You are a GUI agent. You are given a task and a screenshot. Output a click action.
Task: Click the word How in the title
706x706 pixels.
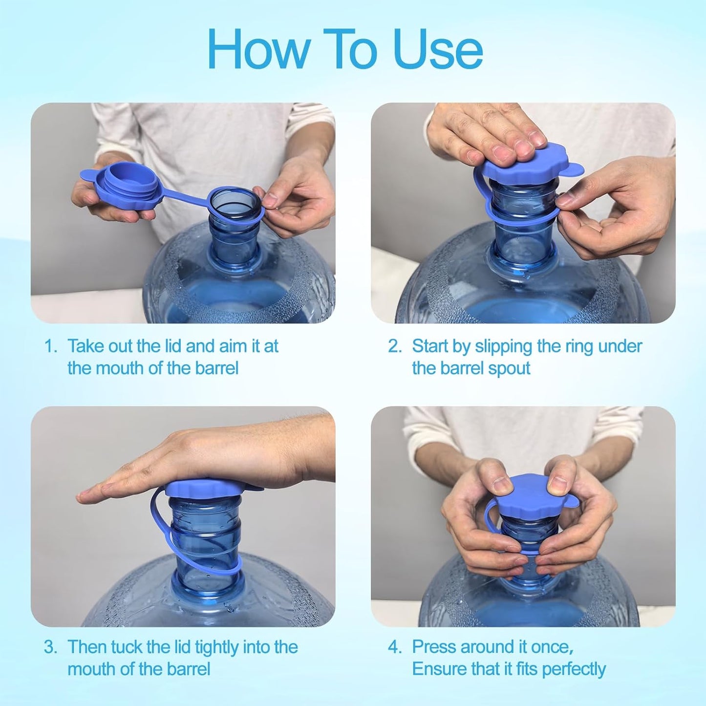258,50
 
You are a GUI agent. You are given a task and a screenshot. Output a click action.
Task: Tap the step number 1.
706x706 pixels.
50,346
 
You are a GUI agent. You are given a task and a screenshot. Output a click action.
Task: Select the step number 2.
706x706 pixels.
394,346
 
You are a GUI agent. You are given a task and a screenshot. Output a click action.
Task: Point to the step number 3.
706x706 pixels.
50,647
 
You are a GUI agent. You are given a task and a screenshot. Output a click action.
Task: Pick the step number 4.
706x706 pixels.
394,647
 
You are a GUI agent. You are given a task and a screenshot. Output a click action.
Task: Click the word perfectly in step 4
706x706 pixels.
574,669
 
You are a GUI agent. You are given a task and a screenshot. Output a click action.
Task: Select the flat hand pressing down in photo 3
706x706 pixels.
205,459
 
